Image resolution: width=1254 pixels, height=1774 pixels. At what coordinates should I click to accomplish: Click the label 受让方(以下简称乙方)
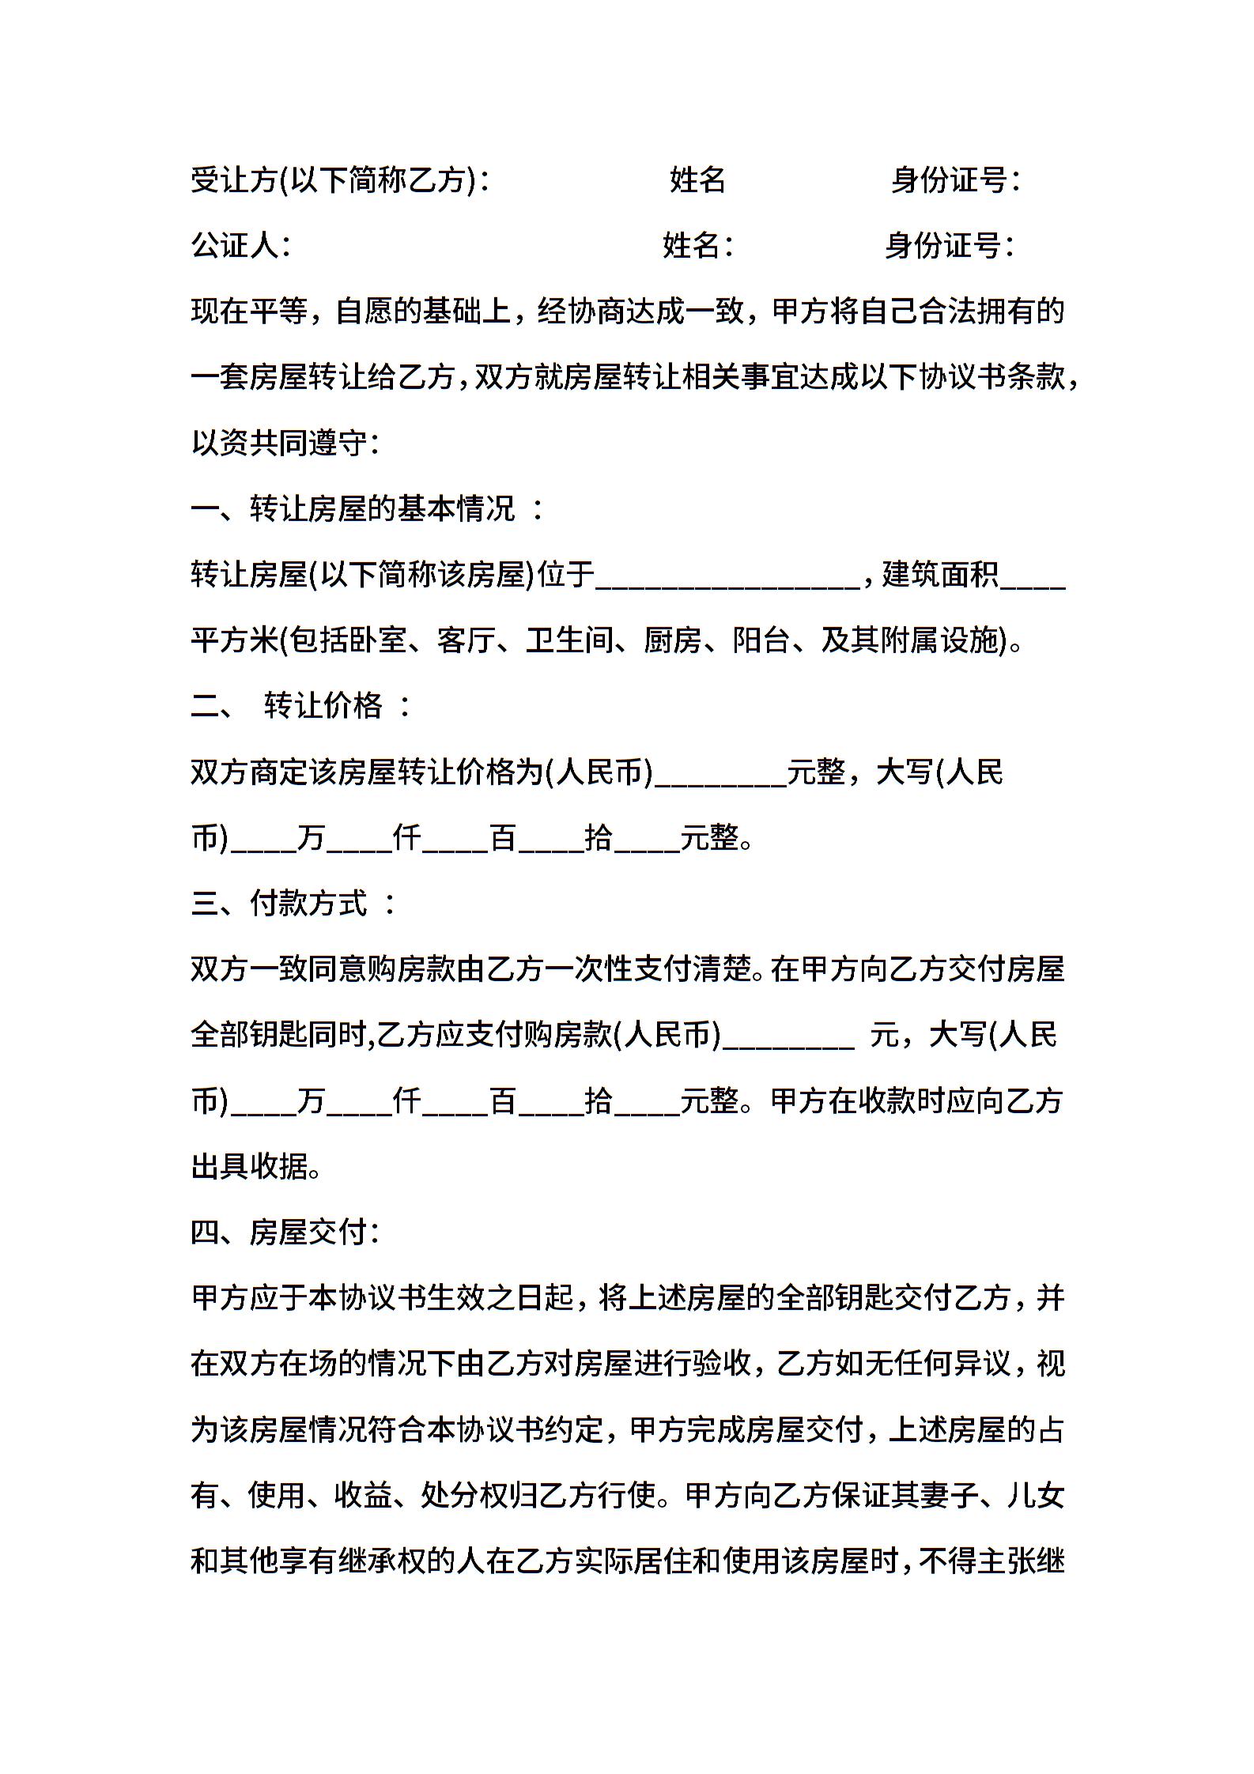pyautogui.click(x=339, y=180)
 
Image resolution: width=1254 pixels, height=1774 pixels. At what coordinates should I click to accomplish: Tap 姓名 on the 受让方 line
pyautogui.click(x=697, y=180)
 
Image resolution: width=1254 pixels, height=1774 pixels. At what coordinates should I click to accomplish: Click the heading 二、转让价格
pyautogui.click(x=301, y=705)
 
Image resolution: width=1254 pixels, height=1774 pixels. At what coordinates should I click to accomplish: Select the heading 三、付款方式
pyautogui.click(x=293, y=903)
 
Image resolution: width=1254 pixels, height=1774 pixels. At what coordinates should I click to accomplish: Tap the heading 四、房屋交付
pyautogui.click(x=285, y=1232)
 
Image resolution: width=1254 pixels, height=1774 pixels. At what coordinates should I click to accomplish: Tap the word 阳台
pyautogui.click(x=761, y=640)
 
